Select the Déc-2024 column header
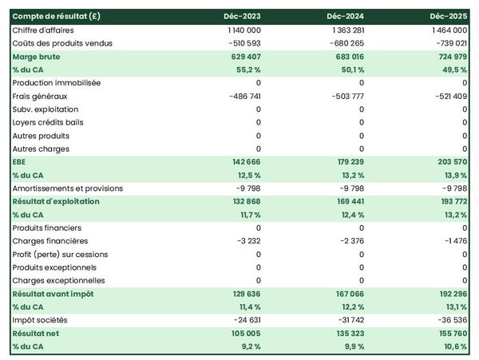pos(346,16)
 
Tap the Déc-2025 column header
pos(449,16)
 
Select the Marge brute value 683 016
pos(346,57)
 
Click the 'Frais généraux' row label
pos(39,96)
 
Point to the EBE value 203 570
pos(449,161)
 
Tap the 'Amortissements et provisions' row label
pos(68,188)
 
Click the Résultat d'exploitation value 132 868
pos(243,201)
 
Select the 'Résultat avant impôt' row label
pos(53,294)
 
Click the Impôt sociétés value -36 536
pos(450,319)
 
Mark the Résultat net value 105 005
pos(243,333)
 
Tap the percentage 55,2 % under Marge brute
pos(248,69)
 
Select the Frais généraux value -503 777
pos(346,96)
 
